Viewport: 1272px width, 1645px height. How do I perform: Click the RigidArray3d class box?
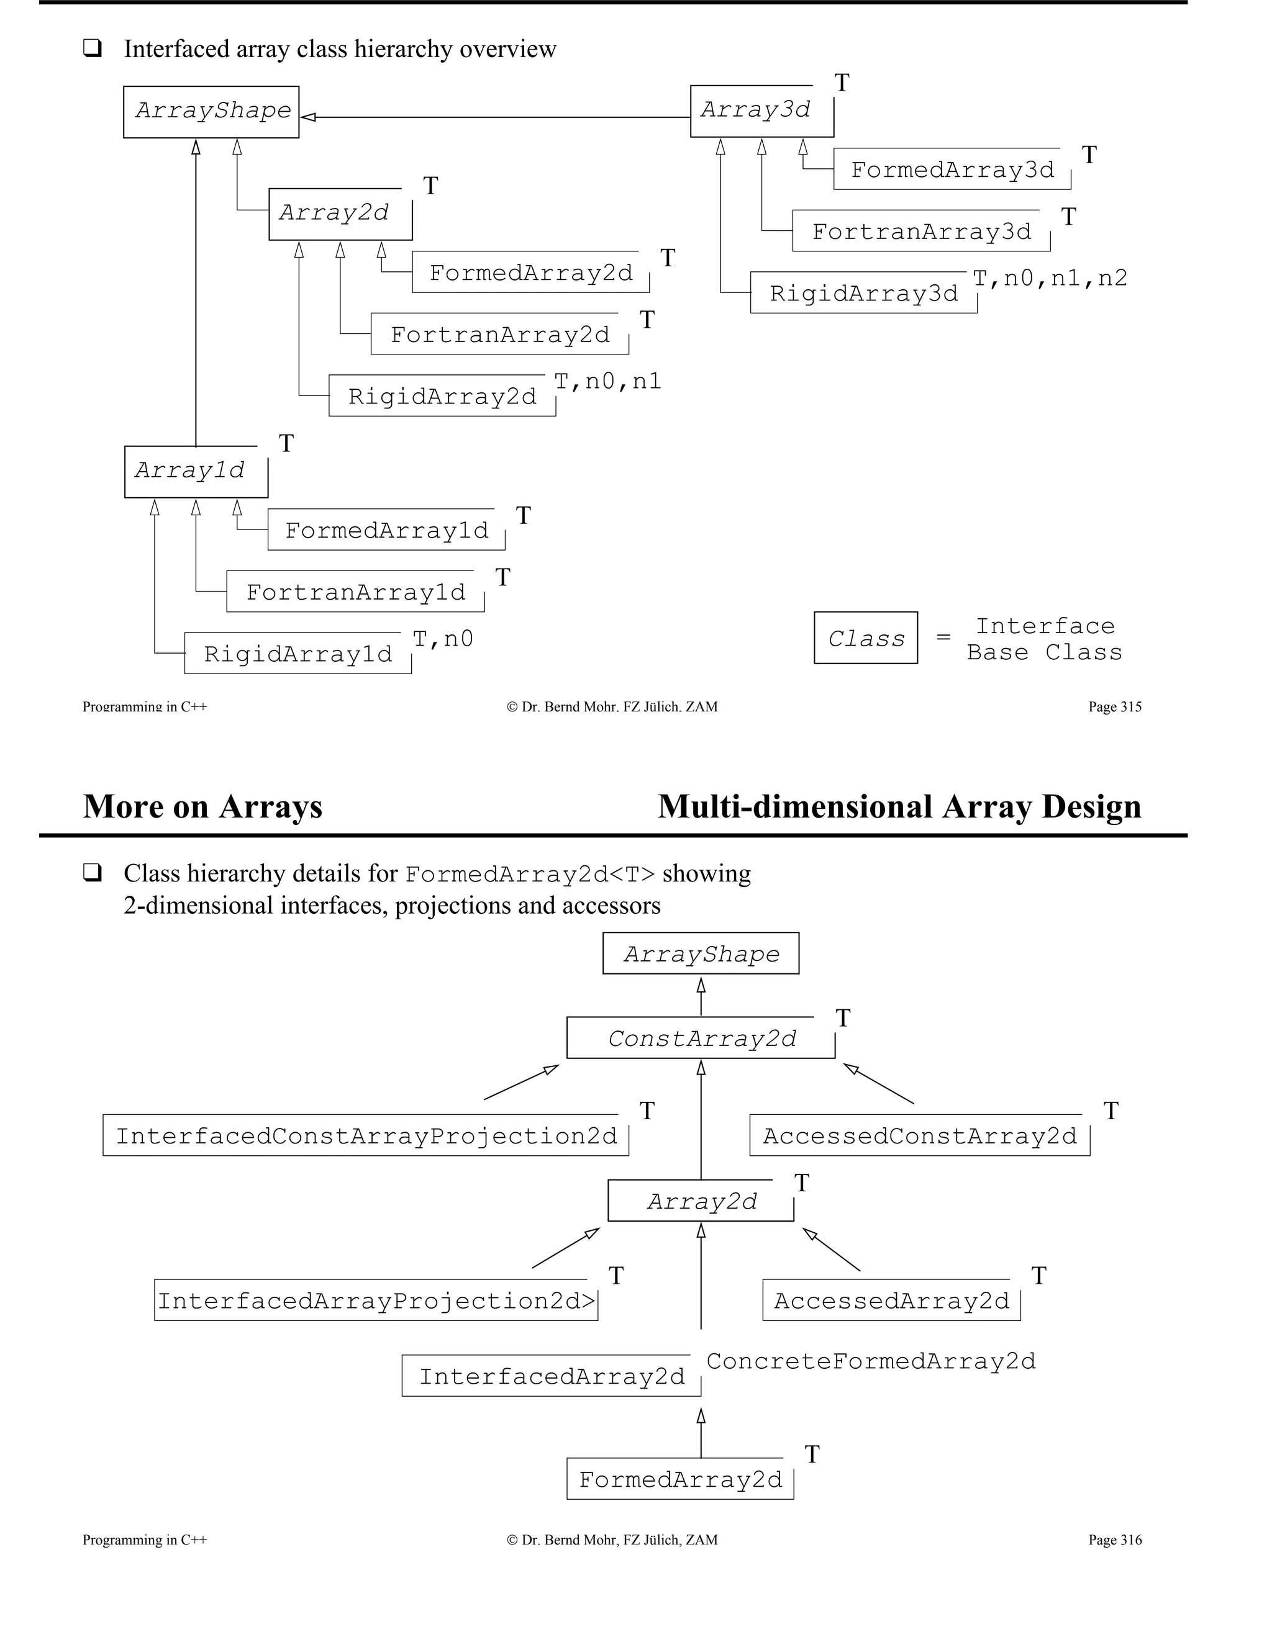[x=863, y=293]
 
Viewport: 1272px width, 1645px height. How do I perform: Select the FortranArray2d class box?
[x=499, y=335]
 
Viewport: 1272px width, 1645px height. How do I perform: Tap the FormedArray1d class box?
[x=386, y=530]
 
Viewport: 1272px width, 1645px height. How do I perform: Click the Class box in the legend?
[x=865, y=638]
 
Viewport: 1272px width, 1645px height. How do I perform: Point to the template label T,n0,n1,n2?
[x=1050, y=279]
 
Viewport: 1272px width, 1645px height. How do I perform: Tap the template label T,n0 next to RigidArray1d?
[x=443, y=639]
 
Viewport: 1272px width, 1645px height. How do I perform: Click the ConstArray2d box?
[x=700, y=1039]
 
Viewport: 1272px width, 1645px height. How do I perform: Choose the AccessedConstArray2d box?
[x=919, y=1136]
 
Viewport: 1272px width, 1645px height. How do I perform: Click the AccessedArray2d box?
[x=891, y=1300]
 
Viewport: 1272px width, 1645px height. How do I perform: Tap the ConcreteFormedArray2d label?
[x=870, y=1361]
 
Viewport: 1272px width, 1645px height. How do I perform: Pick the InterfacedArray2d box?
[x=551, y=1376]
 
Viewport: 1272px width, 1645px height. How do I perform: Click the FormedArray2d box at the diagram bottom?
[x=679, y=1479]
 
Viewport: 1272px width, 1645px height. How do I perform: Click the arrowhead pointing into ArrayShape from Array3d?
[x=308, y=117]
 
